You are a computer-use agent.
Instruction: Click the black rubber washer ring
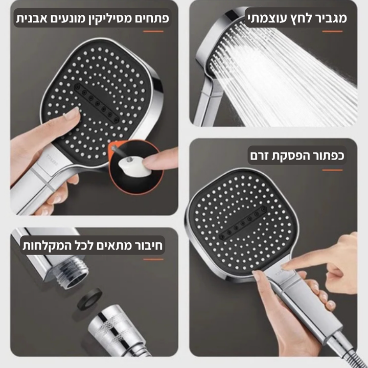point(89,298)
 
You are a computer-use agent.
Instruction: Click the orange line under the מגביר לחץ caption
point(332,31)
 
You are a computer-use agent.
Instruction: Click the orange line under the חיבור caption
point(153,259)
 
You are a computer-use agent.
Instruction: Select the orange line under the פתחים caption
point(153,31)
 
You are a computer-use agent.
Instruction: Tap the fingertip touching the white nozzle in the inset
point(148,163)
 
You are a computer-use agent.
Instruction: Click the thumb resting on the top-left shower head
point(70,114)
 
